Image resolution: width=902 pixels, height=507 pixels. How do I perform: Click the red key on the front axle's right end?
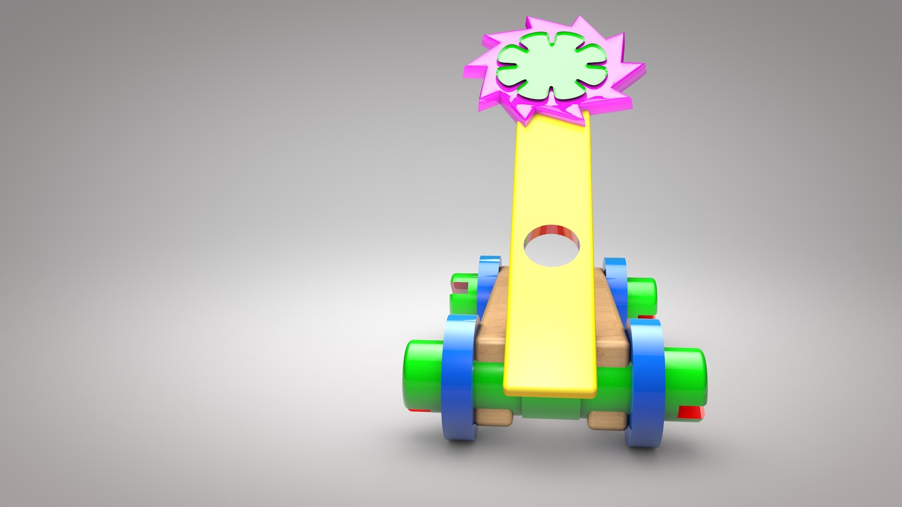click(691, 413)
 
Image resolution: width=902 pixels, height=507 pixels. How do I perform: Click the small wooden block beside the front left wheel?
click(493, 417)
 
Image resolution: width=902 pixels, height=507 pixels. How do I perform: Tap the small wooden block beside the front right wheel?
click(607, 420)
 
